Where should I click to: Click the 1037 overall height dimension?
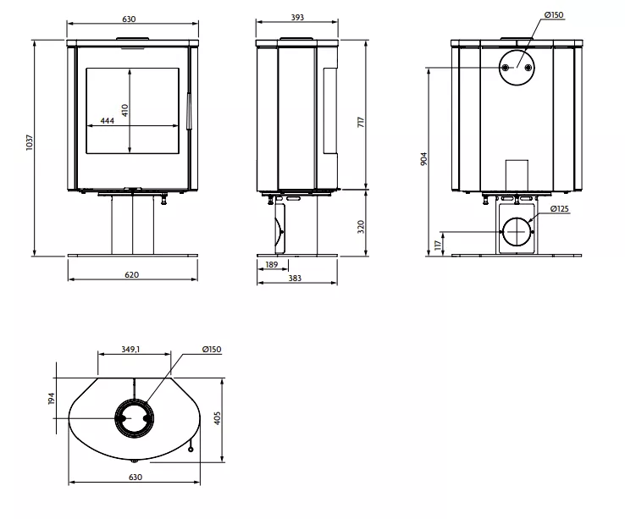30,142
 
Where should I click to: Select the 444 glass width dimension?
108,121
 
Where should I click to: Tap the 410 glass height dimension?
125,110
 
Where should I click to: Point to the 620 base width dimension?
132,274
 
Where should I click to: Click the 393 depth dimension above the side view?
297,18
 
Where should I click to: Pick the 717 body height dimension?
361,122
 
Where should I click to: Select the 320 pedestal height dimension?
361,226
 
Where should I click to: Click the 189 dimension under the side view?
272,264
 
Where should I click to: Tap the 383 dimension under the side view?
295,279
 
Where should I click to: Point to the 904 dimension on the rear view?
423,158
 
